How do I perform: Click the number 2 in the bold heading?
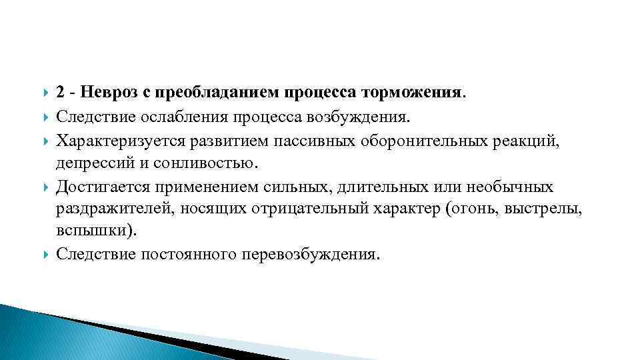point(61,93)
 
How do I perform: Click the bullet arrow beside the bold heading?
point(44,94)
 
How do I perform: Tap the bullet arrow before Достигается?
point(44,187)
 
